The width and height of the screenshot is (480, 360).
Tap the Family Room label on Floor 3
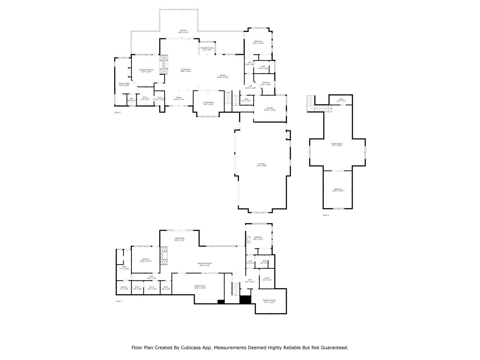pyautogui.click(x=337, y=144)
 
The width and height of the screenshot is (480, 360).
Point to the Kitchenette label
pyautogui.click(x=179, y=239)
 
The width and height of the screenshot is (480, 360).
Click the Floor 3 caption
pyautogui.click(x=326, y=215)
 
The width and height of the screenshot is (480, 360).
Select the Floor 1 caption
pyautogui.click(x=119, y=301)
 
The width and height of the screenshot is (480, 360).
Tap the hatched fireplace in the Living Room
pyautogui.click(x=164, y=64)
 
